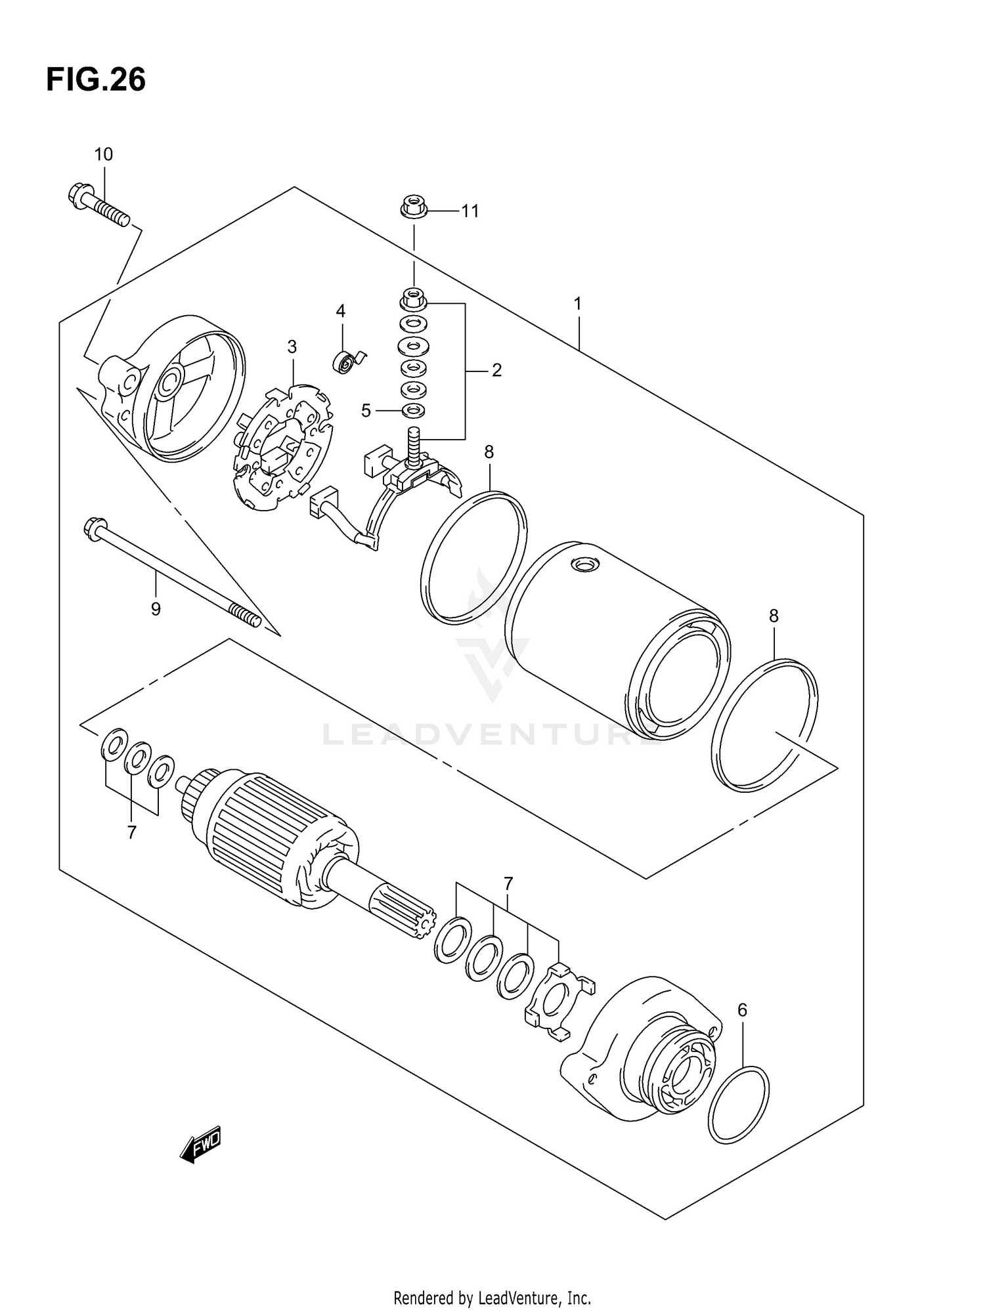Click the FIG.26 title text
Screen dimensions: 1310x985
tap(96, 80)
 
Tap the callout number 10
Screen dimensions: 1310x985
tap(103, 154)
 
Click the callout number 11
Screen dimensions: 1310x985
tap(470, 211)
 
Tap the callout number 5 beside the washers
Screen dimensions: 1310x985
tap(366, 411)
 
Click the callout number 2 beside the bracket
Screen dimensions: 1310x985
tap(496, 370)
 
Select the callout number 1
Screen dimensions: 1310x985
tap(577, 304)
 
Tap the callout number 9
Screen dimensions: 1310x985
tap(156, 609)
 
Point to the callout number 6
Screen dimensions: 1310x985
tap(742, 1010)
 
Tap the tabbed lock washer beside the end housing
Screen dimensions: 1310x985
tap(557, 1002)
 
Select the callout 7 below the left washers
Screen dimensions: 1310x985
tap(132, 832)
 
